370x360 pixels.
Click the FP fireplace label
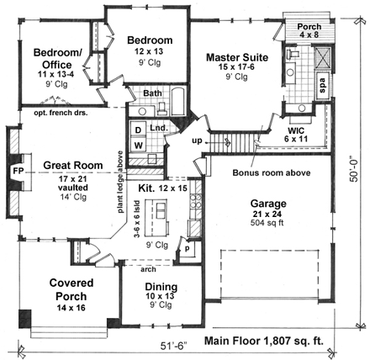(17, 171)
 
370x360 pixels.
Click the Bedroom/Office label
(57, 57)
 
